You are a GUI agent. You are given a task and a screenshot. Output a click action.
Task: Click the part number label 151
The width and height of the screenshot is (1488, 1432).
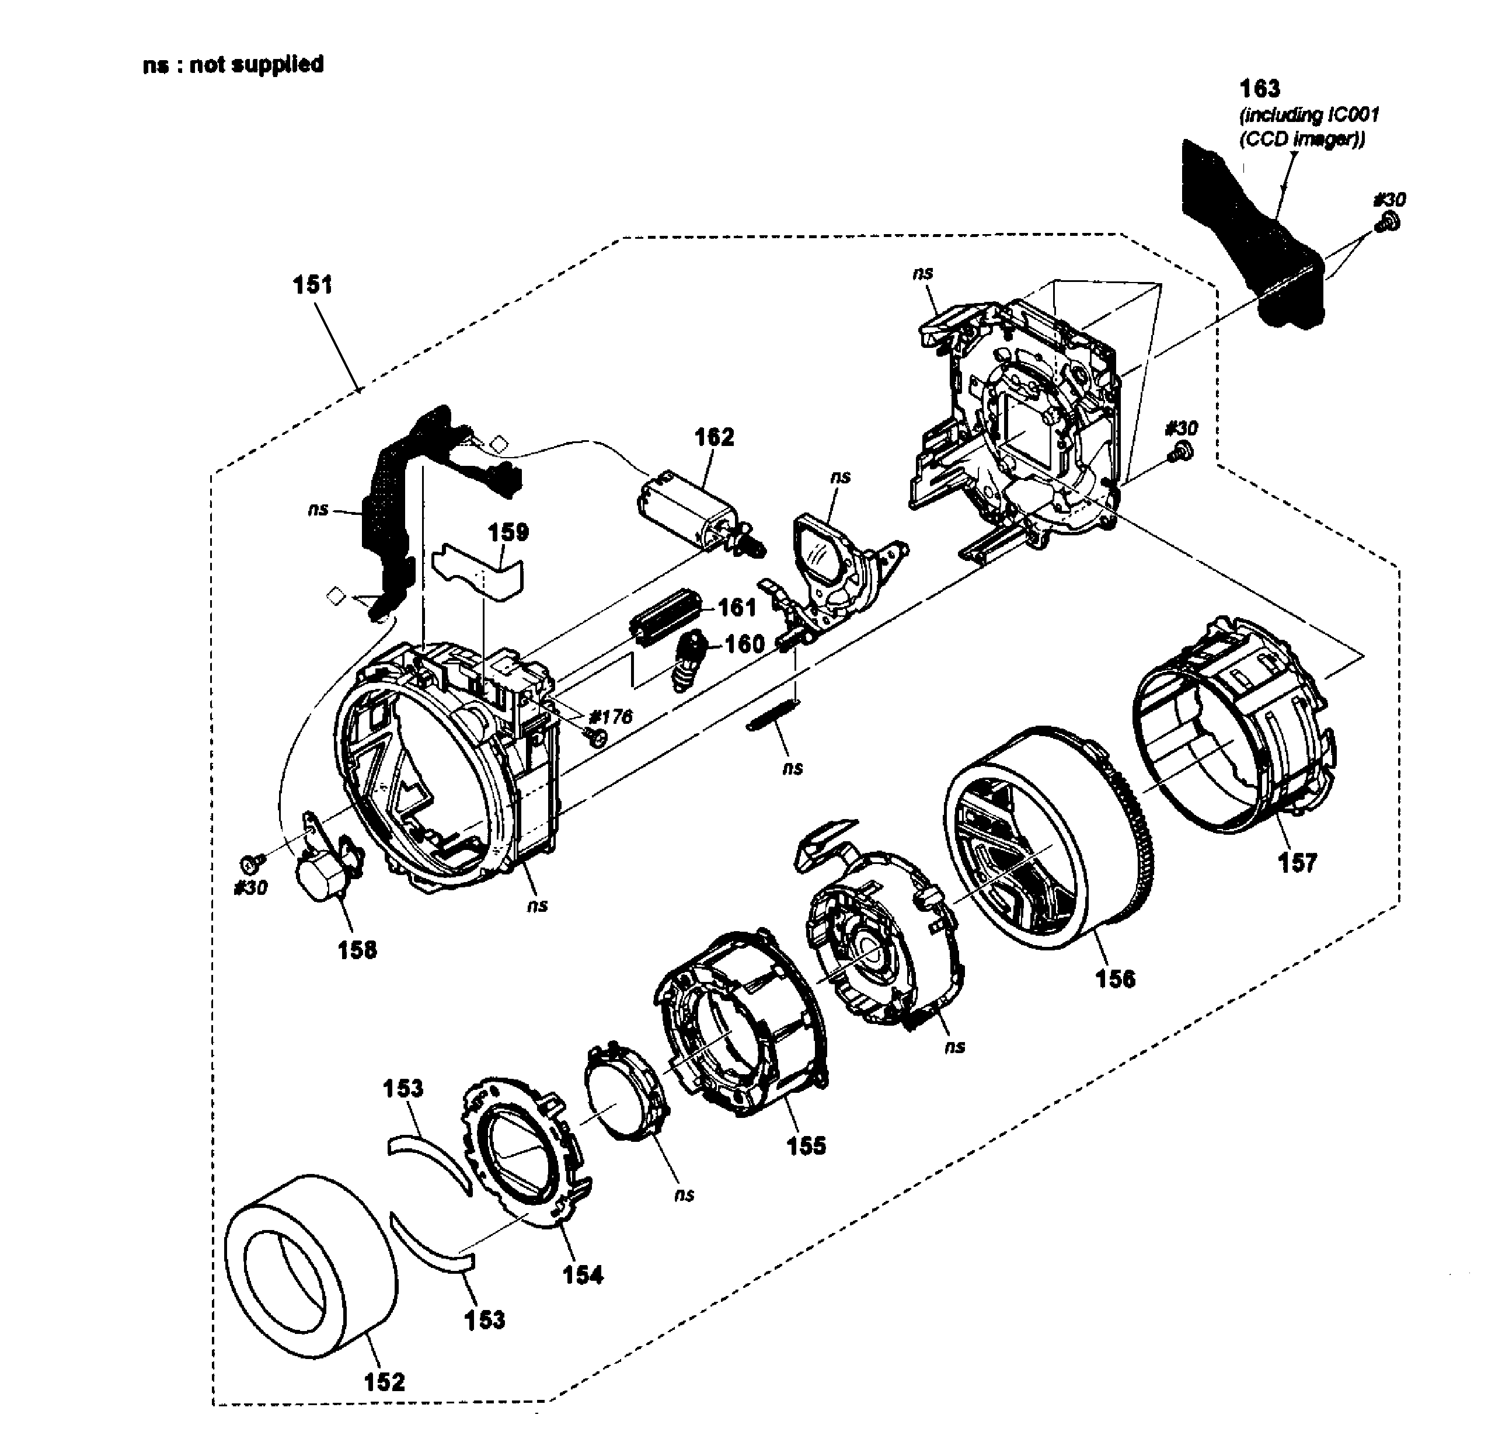[x=313, y=285]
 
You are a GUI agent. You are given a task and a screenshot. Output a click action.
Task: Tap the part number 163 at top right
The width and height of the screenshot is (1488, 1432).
[x=1260, y=89]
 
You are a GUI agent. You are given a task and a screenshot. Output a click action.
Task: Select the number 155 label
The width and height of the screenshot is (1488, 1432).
[x=806, y=1146]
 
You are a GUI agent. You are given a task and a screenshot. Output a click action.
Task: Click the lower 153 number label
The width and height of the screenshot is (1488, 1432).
[x=485, y=1320]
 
